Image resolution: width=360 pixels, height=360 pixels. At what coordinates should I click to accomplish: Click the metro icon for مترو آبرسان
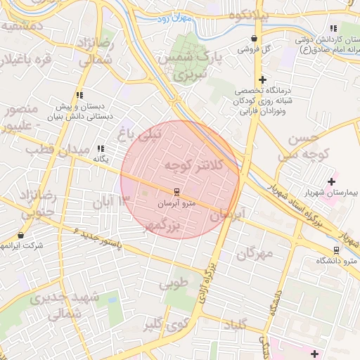coord(176,192)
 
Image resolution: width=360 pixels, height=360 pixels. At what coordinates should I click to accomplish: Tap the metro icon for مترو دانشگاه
coord(336,249)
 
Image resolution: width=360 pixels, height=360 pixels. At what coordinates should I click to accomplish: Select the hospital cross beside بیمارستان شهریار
coord(331,181)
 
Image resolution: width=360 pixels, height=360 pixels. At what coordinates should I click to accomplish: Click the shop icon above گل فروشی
coord(253,39)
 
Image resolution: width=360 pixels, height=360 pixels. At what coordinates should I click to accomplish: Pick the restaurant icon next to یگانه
coord(101,148)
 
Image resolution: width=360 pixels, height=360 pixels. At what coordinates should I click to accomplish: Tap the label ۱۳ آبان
coord(110,202)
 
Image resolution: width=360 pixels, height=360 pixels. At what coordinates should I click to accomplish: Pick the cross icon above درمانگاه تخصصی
coord(262,80)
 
